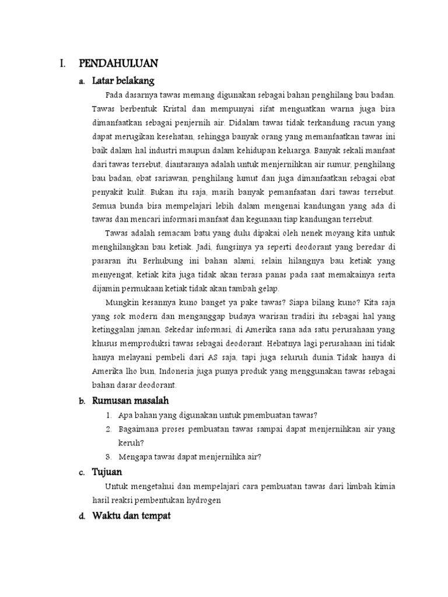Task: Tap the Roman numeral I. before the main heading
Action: point(62,63)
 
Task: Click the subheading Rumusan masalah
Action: point(131,401)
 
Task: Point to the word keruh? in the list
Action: point(130,443)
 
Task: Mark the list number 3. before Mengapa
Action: point(109,456)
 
